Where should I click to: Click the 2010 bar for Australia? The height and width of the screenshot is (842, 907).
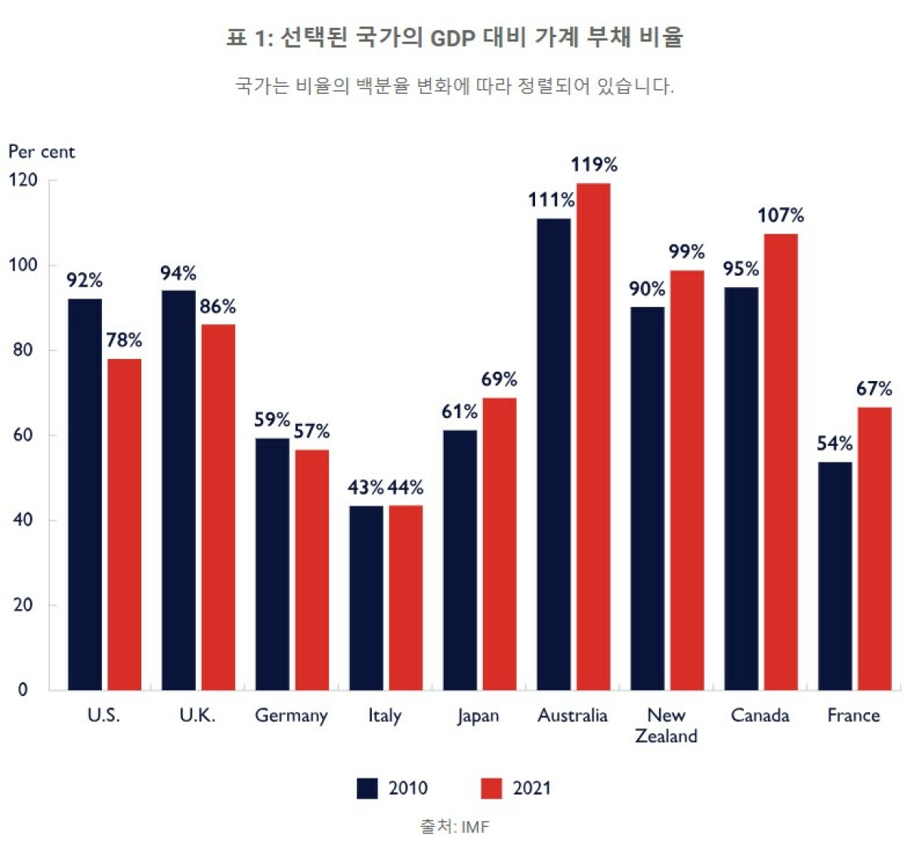click(x=554, y=454)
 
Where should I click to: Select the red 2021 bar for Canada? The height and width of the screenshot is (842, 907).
click(x=780, y=461)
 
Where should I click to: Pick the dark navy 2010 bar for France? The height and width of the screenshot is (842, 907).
click(x=834, y=575)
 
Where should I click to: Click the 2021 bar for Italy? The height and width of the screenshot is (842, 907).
click(x=405, y=597)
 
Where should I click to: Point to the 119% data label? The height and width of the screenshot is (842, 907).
click(x=593, y=165)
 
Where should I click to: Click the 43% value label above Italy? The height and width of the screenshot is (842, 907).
click(x=366, y=488)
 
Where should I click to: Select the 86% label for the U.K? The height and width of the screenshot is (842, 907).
click(x=218, y=307)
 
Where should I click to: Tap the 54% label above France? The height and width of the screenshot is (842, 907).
click(x=834, y=444)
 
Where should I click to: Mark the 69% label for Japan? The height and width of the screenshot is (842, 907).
click(x=499, y=379)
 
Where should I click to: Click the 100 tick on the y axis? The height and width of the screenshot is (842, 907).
click(x=23, y=265)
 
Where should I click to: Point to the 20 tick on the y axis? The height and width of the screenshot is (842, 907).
click(x=23, y=605)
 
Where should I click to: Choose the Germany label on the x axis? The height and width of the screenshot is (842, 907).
click(x=291, y=716)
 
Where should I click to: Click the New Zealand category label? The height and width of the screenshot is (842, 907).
click(x=666, y=726)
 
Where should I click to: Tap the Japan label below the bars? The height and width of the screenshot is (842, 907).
click(x=478, y=716)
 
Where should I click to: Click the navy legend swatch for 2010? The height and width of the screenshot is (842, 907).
click(x=367, y=788)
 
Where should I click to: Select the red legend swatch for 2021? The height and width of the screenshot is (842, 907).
click(x=491, y=788)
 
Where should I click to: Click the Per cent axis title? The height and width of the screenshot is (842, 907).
click(x=42, y=152)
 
